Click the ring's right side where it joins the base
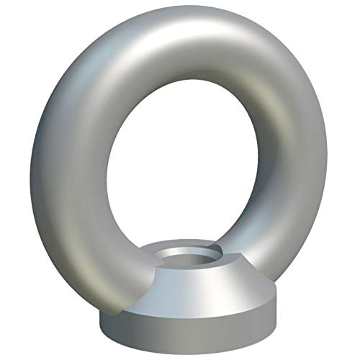coord(248,248)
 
